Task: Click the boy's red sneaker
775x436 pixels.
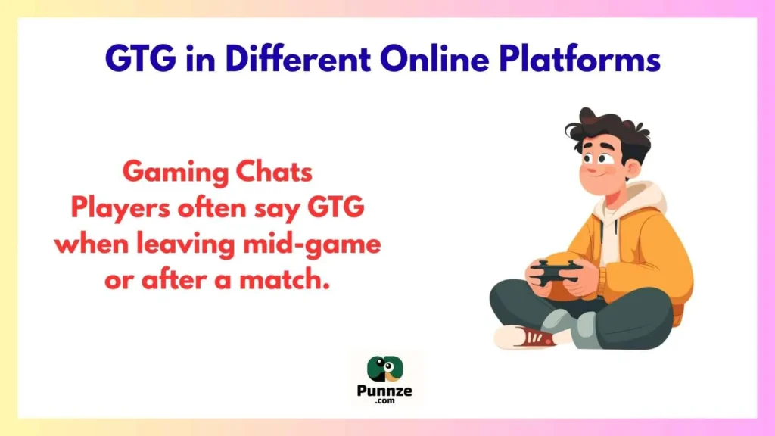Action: (525, 335)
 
